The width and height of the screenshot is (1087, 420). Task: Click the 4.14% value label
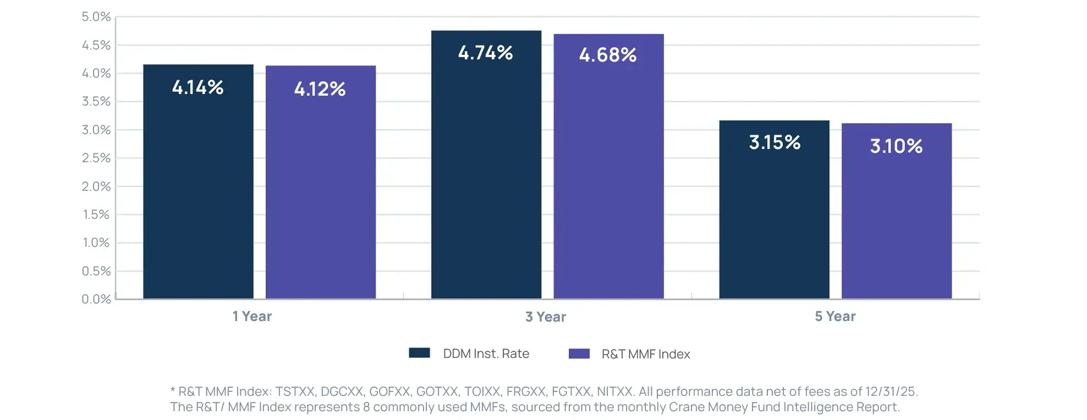tap(197, 87)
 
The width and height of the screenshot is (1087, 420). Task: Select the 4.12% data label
tap(320, 89)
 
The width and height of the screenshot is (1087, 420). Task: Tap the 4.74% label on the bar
tap(485, 53)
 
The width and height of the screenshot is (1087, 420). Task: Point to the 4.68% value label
tap(607, 55)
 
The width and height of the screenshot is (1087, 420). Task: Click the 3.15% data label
tap(774, 142)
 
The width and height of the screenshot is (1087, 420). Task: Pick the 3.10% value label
tap(896, 146)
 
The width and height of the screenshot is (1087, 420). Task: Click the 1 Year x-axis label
tap(252, 316)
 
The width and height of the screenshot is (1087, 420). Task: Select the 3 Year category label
tap(545, 317)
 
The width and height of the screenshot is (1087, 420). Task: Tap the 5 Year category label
tap(835, 316)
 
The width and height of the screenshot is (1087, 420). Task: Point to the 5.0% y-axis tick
tap(96, 17)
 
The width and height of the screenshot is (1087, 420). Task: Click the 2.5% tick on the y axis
tap(96, 158)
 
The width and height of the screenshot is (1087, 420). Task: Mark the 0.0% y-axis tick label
tap(96, 299)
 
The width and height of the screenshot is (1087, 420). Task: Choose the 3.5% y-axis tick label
tap(96, 102)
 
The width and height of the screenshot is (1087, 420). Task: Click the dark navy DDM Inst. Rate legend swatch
tap(419, 353)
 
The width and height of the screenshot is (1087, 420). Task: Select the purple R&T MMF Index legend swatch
tap(579, 353)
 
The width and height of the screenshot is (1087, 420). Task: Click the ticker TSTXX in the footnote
tap(295, 391)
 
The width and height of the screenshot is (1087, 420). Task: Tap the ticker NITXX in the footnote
tap(614, 391)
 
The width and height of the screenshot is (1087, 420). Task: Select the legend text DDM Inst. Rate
tap(486, 353)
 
